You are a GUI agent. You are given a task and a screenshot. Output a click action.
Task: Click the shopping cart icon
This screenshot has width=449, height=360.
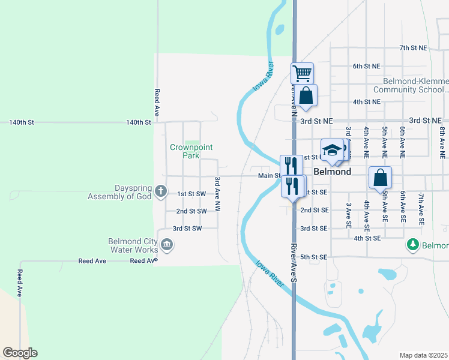coord(303,74)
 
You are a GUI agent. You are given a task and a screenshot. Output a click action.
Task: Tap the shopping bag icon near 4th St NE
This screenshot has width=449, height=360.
coord(306,95)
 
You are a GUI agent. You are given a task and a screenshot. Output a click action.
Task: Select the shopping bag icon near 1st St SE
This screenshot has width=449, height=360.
coord(380,178)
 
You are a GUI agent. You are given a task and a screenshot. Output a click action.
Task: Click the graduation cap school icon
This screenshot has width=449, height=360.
coord(331,151)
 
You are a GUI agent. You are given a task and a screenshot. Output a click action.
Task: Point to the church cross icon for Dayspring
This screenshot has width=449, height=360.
coord(160,191)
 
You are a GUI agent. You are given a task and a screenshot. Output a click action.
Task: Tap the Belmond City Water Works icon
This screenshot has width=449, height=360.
coord(167,244)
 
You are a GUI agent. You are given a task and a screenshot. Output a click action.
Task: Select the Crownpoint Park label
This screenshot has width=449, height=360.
coord(191,151)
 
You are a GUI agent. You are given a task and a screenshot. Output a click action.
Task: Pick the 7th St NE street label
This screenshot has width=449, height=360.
coord(414,47)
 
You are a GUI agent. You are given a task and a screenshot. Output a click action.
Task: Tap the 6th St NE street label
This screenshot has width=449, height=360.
coord(366,66)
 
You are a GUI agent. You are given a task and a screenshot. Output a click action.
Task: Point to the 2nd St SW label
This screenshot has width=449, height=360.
coord(191,211)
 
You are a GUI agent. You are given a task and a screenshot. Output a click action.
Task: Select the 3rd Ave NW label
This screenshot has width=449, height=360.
coord(218,193)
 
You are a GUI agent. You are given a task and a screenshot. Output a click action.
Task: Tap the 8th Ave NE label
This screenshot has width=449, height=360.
coord(441,137)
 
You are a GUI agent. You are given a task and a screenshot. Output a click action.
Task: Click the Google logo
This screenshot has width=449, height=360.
coord(20,353)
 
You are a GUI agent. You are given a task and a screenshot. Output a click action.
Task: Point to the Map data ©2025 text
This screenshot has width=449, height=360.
coord(424,355)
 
